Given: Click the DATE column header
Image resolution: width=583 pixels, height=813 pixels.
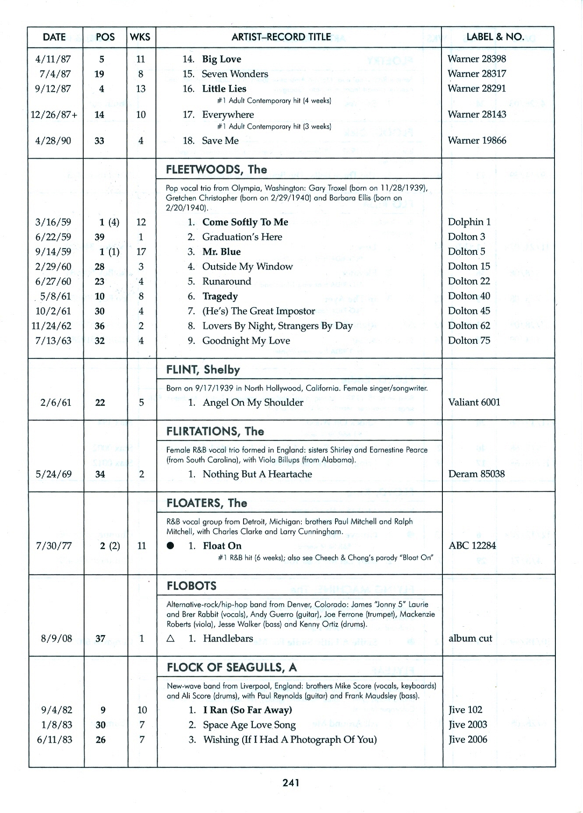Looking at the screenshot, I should click(x=54, y=37).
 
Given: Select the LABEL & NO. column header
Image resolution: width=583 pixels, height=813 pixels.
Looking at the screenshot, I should click(x=495, y=37).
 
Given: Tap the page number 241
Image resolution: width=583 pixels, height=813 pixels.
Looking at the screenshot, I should click(x=291, y=782).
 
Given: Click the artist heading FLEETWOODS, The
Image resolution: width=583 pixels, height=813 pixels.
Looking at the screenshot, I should click(x=216, y=170).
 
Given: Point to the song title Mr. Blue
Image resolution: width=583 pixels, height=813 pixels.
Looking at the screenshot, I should click(x=221, y=252).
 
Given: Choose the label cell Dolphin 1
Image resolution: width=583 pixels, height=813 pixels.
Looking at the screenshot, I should click(x=469, y=222).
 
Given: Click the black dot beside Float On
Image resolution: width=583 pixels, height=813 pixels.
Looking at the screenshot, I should click(x=171, y=546).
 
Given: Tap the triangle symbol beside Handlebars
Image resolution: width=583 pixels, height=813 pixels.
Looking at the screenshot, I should click(x=171, y=639).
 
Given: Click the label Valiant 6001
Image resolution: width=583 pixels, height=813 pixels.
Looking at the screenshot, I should click(x=473, y=402).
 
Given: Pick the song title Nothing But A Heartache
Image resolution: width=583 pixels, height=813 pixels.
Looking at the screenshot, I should click(x=257, y=474).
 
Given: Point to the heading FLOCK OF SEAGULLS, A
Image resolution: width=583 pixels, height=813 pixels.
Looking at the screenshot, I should click(x=232, y=667).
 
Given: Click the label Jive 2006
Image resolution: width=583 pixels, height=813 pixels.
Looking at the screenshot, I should click(x=467, y=739).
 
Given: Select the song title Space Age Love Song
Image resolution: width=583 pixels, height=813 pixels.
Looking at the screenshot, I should click(x=249, y=724).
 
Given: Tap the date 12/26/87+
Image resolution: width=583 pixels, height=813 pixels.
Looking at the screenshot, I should click(x=54, y=115).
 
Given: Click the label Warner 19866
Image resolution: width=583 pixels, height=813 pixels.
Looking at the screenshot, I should click(x=477, y=140).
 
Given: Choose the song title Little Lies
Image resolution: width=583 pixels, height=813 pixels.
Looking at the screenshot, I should click(x=224, y=89).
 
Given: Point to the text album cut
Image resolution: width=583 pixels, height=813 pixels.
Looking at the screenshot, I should click(x=470, y=638).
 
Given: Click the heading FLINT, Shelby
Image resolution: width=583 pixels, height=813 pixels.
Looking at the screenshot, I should click(x=203, y=370).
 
